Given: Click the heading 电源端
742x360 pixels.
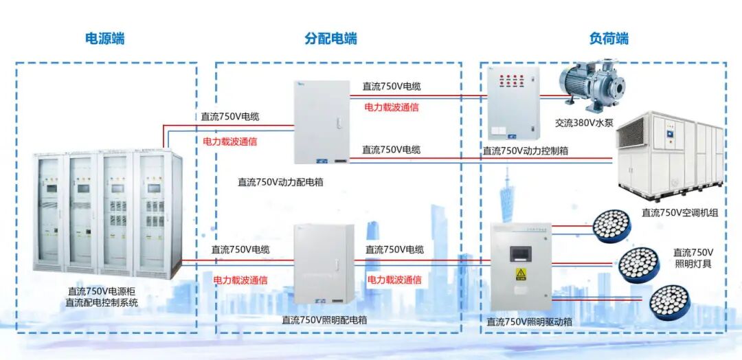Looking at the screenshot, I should [x=104, y=38].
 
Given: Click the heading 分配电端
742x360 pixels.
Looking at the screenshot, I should [x=330, y=38].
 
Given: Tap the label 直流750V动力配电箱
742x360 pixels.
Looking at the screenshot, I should [x=280, y=182].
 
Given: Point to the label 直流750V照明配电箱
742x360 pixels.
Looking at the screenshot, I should [x=324, y=319].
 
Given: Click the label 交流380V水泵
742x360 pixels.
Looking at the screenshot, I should [x=584, y=124].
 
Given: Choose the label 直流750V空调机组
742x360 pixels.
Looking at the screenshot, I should [x=679, y=213].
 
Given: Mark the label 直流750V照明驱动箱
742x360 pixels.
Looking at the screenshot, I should [x=529, y=321].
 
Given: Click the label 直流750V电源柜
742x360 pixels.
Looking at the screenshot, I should [x=101, y=291].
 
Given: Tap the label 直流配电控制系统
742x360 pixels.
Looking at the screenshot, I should [x=101, y=302].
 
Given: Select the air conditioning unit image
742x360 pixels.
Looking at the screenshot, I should [x=670, y=155].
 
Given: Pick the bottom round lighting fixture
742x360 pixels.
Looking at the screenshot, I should [x=668, y=301].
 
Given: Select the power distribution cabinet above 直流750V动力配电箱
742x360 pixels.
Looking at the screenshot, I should [x=322, y=122].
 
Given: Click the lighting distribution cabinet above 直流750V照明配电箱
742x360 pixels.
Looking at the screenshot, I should [x=324, y=265].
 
